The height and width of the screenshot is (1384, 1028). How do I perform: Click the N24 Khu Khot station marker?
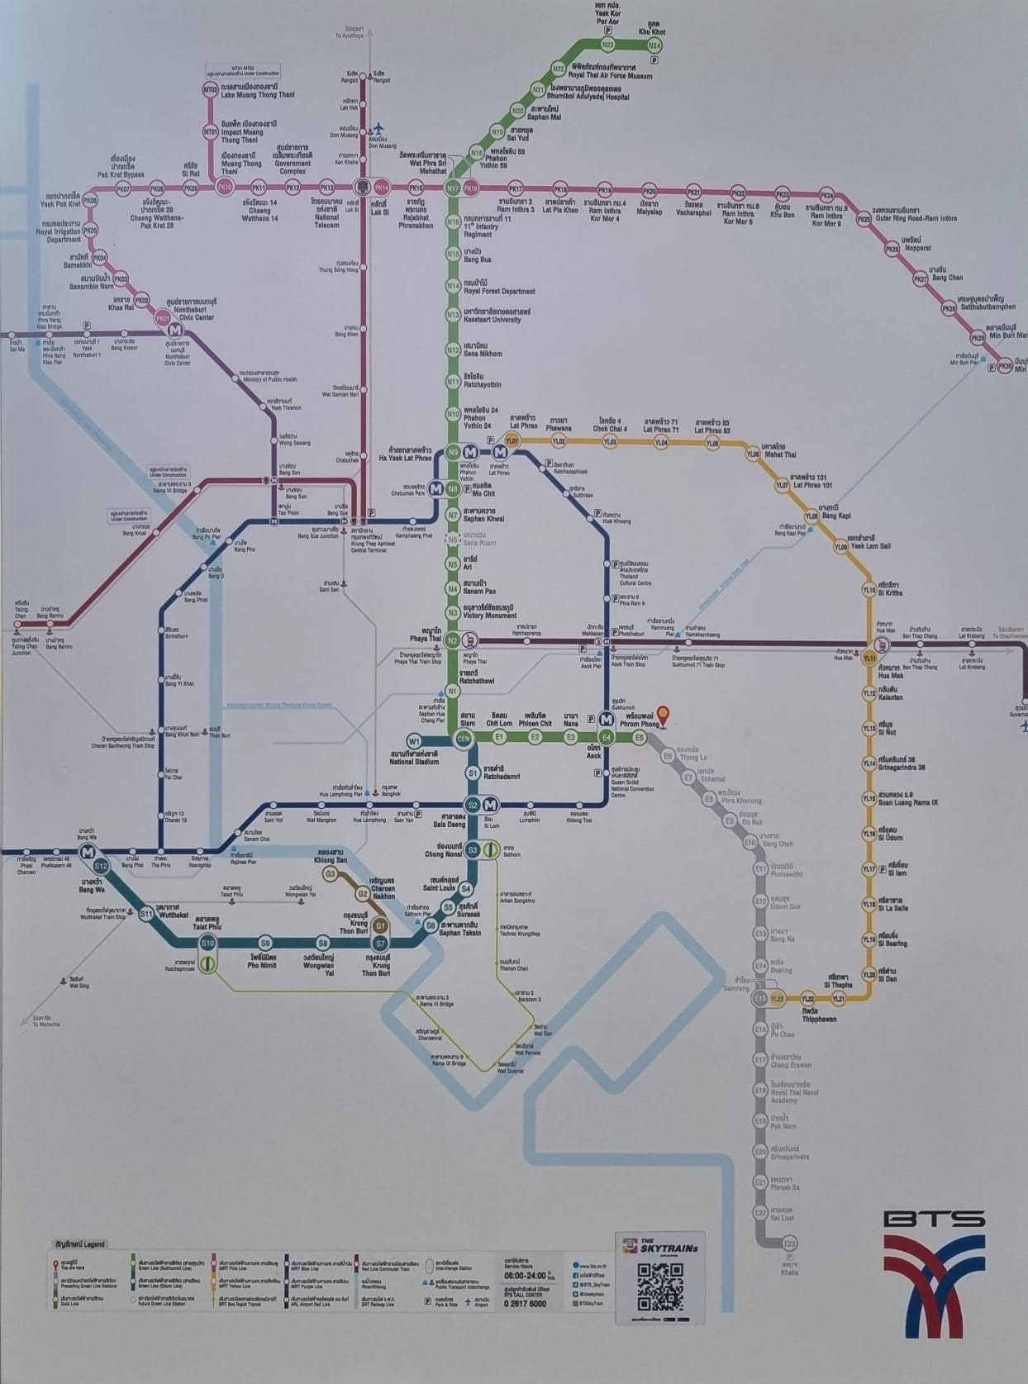[x=655, y=45]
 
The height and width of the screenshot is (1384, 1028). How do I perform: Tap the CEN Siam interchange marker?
[x=464, y=738]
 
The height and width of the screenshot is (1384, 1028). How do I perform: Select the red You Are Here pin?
[x=663, y=716]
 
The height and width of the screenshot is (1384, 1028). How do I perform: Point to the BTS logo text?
[x=934, y=1219]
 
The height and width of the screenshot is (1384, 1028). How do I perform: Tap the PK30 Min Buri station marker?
[x=1005, y=365]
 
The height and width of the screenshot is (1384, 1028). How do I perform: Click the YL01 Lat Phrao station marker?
[x=512, y=441]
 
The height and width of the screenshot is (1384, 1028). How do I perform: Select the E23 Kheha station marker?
[x=789, y=1244]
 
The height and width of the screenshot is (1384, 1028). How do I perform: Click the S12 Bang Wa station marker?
[x=101, y=866]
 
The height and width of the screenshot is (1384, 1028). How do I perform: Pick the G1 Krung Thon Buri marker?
[x=380, y=925]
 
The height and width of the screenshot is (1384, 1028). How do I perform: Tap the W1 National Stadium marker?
[x=414, y=742]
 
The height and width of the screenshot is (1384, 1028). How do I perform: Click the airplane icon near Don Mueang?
[x=379, y=129]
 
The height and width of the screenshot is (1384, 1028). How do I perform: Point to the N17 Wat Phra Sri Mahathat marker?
[x=452, y=188]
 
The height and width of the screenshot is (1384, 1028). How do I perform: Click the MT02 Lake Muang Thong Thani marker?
[x=211, y=89]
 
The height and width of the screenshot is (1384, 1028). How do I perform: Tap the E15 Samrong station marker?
[x=760, y=998]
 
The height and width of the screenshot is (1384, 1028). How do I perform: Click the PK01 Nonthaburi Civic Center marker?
[x=162, y=318]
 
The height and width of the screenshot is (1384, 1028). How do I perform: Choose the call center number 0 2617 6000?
[x=525, y=1303]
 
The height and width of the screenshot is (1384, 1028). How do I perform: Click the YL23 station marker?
[x=777, y=998]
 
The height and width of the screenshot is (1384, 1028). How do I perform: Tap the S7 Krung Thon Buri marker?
[x=380, y=943]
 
